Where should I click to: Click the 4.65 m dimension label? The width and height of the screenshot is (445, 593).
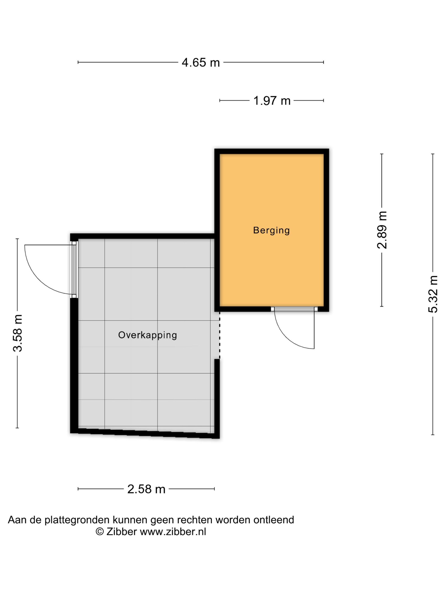point(201,62)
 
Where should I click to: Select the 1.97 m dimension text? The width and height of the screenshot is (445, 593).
point(272,101)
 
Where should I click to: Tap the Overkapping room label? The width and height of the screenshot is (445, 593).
point(147,335)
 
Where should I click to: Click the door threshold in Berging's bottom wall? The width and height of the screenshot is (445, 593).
point(294,309)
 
